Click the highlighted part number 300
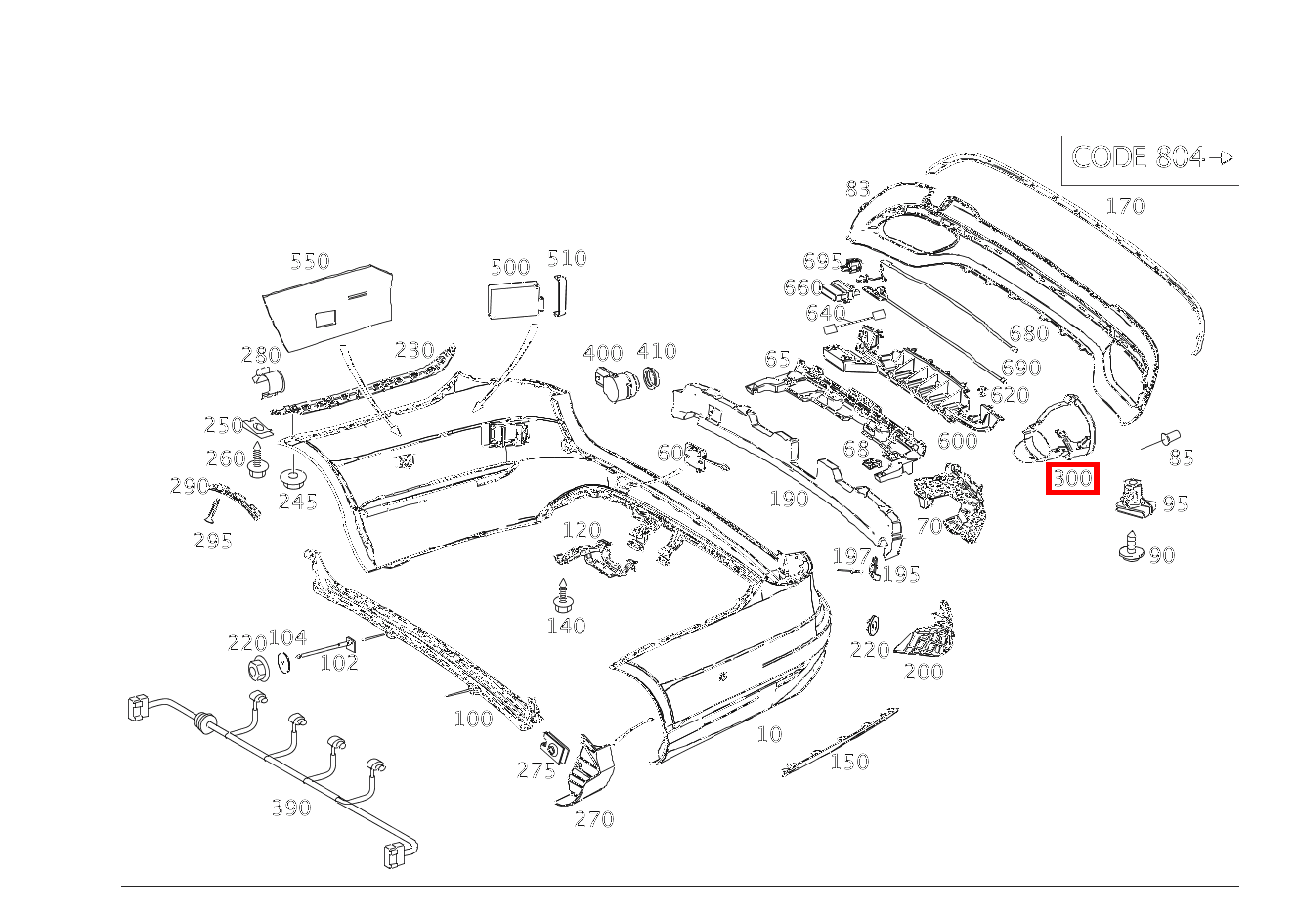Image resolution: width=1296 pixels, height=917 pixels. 1072,479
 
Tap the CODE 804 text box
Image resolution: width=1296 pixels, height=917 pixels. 1150,158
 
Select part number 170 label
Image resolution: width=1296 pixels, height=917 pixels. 1124,206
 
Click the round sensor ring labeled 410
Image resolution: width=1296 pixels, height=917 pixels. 650,381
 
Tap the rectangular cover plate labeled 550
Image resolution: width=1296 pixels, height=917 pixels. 328,303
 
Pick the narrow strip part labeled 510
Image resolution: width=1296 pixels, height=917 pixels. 560,294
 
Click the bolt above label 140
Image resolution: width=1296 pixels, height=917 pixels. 562,594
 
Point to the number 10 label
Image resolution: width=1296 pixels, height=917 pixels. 769,733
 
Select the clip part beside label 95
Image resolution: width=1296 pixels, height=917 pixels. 1134,497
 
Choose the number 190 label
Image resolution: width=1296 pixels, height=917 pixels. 788,499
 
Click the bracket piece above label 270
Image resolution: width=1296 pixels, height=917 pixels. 586,772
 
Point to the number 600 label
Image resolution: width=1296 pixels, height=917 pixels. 957,440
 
